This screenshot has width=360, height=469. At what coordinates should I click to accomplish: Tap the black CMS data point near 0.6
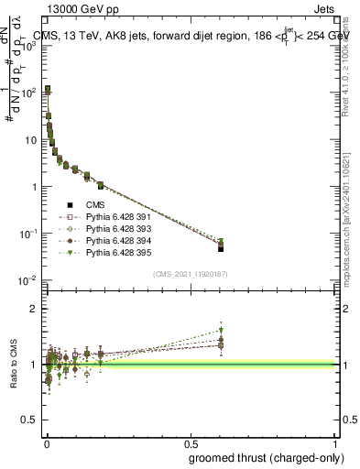click(x=221, y=248)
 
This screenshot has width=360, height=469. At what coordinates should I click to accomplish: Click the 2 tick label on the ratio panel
click(x=33, y=309)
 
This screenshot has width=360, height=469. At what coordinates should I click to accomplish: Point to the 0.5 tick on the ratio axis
click(x=29, y=420)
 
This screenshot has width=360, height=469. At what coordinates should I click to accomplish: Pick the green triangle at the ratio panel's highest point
click(x=221, y=331)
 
